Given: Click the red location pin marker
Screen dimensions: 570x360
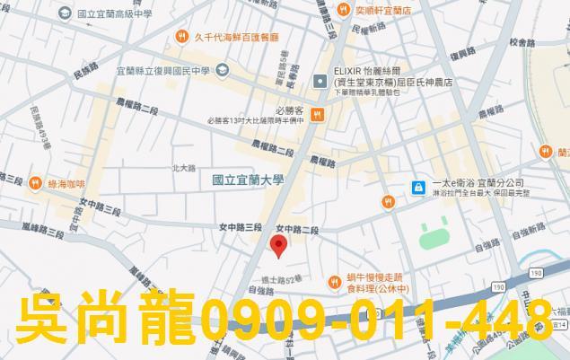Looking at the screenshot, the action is pyautogui.click(x=279, y=245).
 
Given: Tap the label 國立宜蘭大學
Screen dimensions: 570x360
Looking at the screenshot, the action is pyautogui.click(x=248, y=180).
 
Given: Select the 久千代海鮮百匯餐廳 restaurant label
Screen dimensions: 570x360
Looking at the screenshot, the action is pyautogui.click(x=236, y=38).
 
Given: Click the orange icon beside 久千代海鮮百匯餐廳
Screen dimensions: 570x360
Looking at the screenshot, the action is pyautogui.click(x=182, y=38).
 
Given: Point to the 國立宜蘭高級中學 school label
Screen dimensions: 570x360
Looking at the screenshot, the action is pyautogui.click(x=121, y=15).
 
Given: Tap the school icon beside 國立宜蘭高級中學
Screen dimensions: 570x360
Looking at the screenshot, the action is pyautogui.click(x=66, y=15).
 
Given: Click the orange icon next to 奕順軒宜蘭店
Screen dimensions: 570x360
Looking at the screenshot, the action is pyautogui.click(x=344, y=10).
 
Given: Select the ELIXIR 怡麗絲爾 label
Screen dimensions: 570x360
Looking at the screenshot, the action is pyautogui.click(x=370, y=69).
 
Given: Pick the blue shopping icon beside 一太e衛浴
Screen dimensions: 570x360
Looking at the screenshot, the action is pyautogui.click(x=417, y=187).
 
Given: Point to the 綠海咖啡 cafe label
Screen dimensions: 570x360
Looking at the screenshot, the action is pyautogui.click(x=66, y=184).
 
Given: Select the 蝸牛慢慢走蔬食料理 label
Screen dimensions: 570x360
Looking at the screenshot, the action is pyautogui.click(x=379, y=284).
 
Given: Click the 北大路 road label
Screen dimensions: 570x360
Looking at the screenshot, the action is pyautogui.click(x=183, y=168).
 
